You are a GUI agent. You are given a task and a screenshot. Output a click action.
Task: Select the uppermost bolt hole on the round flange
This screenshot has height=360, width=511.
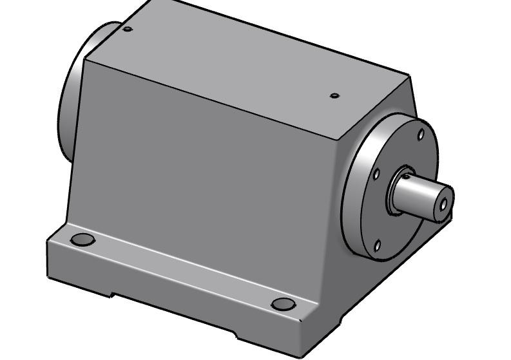pos(421,135)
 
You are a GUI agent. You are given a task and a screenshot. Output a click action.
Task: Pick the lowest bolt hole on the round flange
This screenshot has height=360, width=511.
pos(377,245)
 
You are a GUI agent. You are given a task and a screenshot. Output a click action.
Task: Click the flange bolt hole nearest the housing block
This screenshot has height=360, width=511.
pos(377,175)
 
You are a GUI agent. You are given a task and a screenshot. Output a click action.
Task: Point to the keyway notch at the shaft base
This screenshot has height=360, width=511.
pos(407,173)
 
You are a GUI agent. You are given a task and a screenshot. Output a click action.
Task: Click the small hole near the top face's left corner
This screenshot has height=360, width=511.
pos(128,29)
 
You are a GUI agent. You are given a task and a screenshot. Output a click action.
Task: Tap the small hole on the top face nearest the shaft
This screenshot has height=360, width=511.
pos(334,96)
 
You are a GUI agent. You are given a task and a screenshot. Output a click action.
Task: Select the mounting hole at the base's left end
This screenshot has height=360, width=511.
pos(82,240)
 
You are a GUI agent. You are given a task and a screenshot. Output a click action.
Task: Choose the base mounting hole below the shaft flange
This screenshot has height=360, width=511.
pos(284,304)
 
